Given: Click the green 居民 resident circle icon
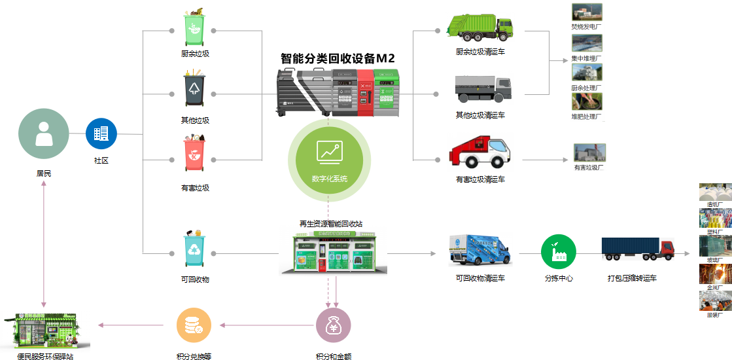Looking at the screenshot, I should click(44, 135).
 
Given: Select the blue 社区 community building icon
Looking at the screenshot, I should click(101, 134).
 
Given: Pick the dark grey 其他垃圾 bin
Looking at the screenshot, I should click(194, 90).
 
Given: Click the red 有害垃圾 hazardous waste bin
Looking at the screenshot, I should click(194, 156).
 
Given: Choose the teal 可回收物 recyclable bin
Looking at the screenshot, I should click(195, 249).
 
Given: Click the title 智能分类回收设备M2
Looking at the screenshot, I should click(338, 58).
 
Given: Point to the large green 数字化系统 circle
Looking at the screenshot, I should click(330, 160).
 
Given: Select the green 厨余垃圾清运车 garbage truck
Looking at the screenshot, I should click(479, 26).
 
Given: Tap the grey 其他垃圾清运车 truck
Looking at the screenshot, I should click(483, 88).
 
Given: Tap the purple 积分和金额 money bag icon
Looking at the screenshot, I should click(334, 325).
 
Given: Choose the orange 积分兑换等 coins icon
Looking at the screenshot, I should click(194, 325).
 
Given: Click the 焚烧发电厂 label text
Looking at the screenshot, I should click(586, 27).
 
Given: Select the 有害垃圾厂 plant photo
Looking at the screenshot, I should click(589, 153).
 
